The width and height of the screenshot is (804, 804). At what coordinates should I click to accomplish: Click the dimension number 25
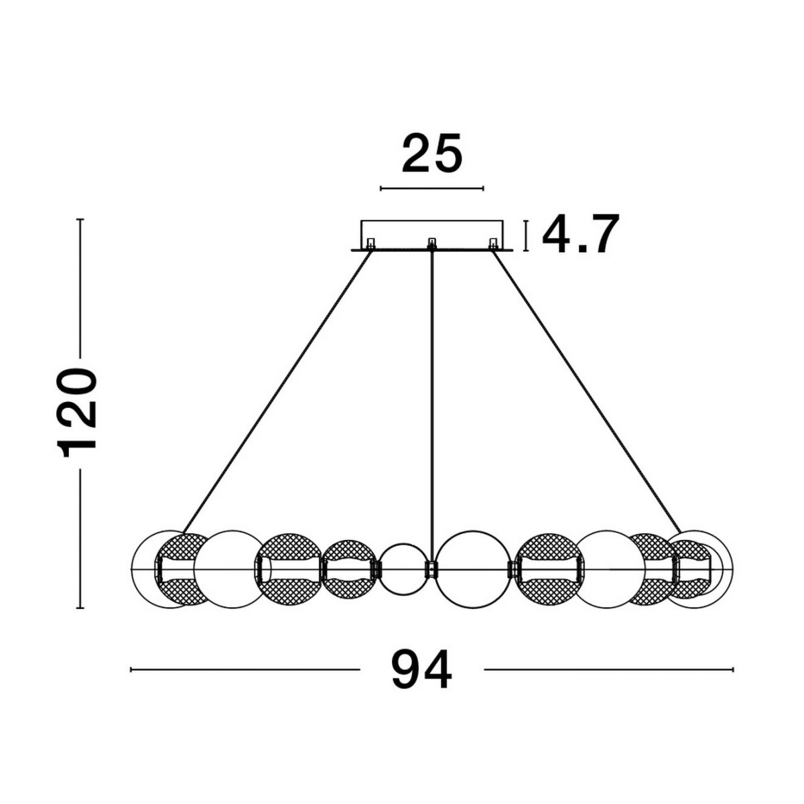pyautogui.click(x=432, y=153)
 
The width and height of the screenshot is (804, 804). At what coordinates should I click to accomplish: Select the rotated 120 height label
pyautogui.click(x=78, y=413)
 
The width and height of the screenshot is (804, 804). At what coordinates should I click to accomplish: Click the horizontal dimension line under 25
pyautogui.click(x=432, y=188)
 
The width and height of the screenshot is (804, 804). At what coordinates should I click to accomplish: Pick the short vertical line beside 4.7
pyautogui.click(x=527, y=236)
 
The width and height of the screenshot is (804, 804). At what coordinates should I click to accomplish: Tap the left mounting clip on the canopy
pyautogui.click(x=370, y=243)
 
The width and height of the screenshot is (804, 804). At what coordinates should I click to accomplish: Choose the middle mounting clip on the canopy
pyautogui.click(x=432, y=243)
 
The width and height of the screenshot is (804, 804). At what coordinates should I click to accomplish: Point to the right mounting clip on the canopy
pyautogui.click(x=494, y=243)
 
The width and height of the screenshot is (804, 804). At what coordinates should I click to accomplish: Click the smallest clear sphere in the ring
pyautogui.click(x=403, y=569)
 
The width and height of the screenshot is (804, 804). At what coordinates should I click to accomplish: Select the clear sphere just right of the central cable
pyautogui.click(x=473, y=569)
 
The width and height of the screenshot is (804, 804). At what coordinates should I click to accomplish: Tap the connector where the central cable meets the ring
pyautogui.click(x=432, y=569)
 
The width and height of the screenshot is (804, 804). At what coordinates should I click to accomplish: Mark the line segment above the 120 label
pyautogui.click(x=80, y=288)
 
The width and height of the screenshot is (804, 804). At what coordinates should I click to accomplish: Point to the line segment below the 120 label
pyautogui.click(x=80, y=539)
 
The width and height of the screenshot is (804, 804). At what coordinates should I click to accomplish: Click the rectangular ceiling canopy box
pyautogui.click(x=432, y=235)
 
